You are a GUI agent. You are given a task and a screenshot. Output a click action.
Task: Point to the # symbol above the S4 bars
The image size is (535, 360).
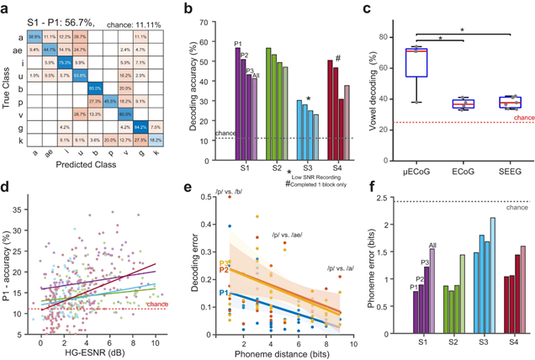[x=336, y=57]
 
